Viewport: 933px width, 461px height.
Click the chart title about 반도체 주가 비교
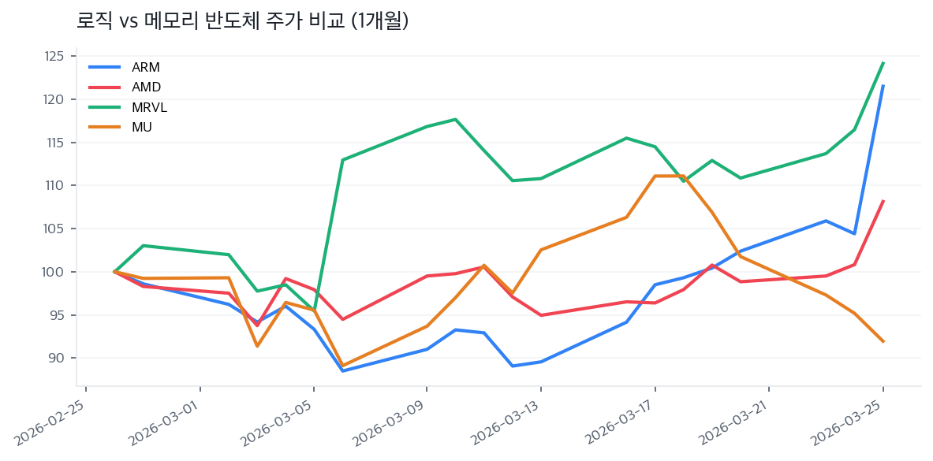click(x=242, y=21)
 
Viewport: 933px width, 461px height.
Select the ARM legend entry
click(x=146, y=67)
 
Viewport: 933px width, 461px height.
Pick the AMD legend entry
click(x=146, y=87)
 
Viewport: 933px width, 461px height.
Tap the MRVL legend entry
click(x=149, y=107)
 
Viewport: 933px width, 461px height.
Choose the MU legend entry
click(x=142, y=127)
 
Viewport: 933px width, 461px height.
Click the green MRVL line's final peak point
click(x=883, y=62)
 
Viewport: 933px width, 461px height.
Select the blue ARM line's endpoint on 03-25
click(x=883, y=86)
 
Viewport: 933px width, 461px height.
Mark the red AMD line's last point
click(x=883, y=201)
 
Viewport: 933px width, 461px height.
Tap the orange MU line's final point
click(x=883, y=341)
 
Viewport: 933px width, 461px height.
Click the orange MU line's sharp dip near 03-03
click(x=257, y=346)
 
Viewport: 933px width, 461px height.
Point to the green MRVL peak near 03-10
click(x=456, y=119)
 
